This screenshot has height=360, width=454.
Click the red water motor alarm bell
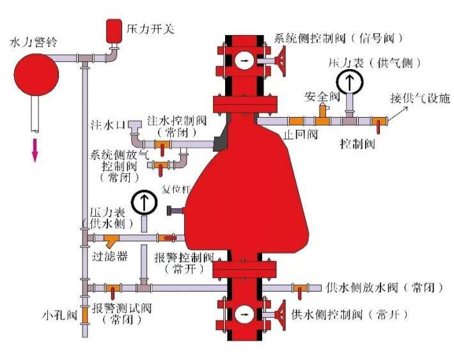click(x=36, y=74)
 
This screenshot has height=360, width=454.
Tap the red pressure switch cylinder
click(x=114, y=31)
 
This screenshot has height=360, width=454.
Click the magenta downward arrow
click(x=35, y=150)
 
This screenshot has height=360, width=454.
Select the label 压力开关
click(x=150, y=29)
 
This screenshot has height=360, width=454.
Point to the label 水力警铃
click(x=34, y=42)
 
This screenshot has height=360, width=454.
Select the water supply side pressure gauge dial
click(x=144, y=202)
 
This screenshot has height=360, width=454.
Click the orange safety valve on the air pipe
click(x=323, y=114)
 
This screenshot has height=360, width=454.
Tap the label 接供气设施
click(x=420, y=98)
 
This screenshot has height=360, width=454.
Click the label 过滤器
click(x=109, y=256)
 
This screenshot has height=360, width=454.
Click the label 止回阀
click(x=301, y=134)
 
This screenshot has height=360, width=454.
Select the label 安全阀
click(x=322, y=97)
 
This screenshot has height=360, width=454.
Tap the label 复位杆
click(x=176, y=189)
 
